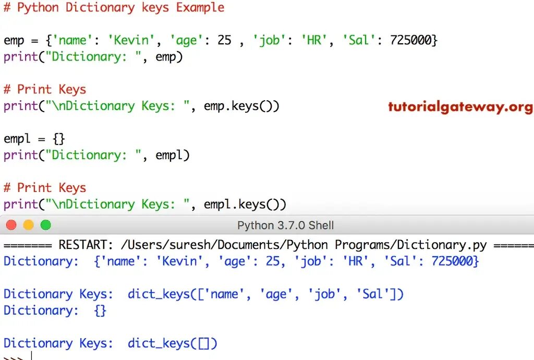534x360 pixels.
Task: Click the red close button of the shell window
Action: (11, 225)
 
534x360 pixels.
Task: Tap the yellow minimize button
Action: (28, 225)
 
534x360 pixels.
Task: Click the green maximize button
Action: (46, 225)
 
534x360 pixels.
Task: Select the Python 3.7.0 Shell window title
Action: (285, 226)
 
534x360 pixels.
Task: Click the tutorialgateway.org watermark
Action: (460, 107)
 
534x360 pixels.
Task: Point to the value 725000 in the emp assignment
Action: (410, 40)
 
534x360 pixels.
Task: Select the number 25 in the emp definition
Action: (224, 40)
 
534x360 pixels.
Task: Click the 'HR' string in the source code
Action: (314, 40)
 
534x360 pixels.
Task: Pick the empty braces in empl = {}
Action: (58, 139)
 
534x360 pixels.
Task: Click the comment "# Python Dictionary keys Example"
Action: (114, 8)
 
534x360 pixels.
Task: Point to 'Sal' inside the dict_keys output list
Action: (372, 294)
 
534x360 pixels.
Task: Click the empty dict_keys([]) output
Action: (172, 343)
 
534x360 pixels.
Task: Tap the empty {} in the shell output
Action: (100, 310)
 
